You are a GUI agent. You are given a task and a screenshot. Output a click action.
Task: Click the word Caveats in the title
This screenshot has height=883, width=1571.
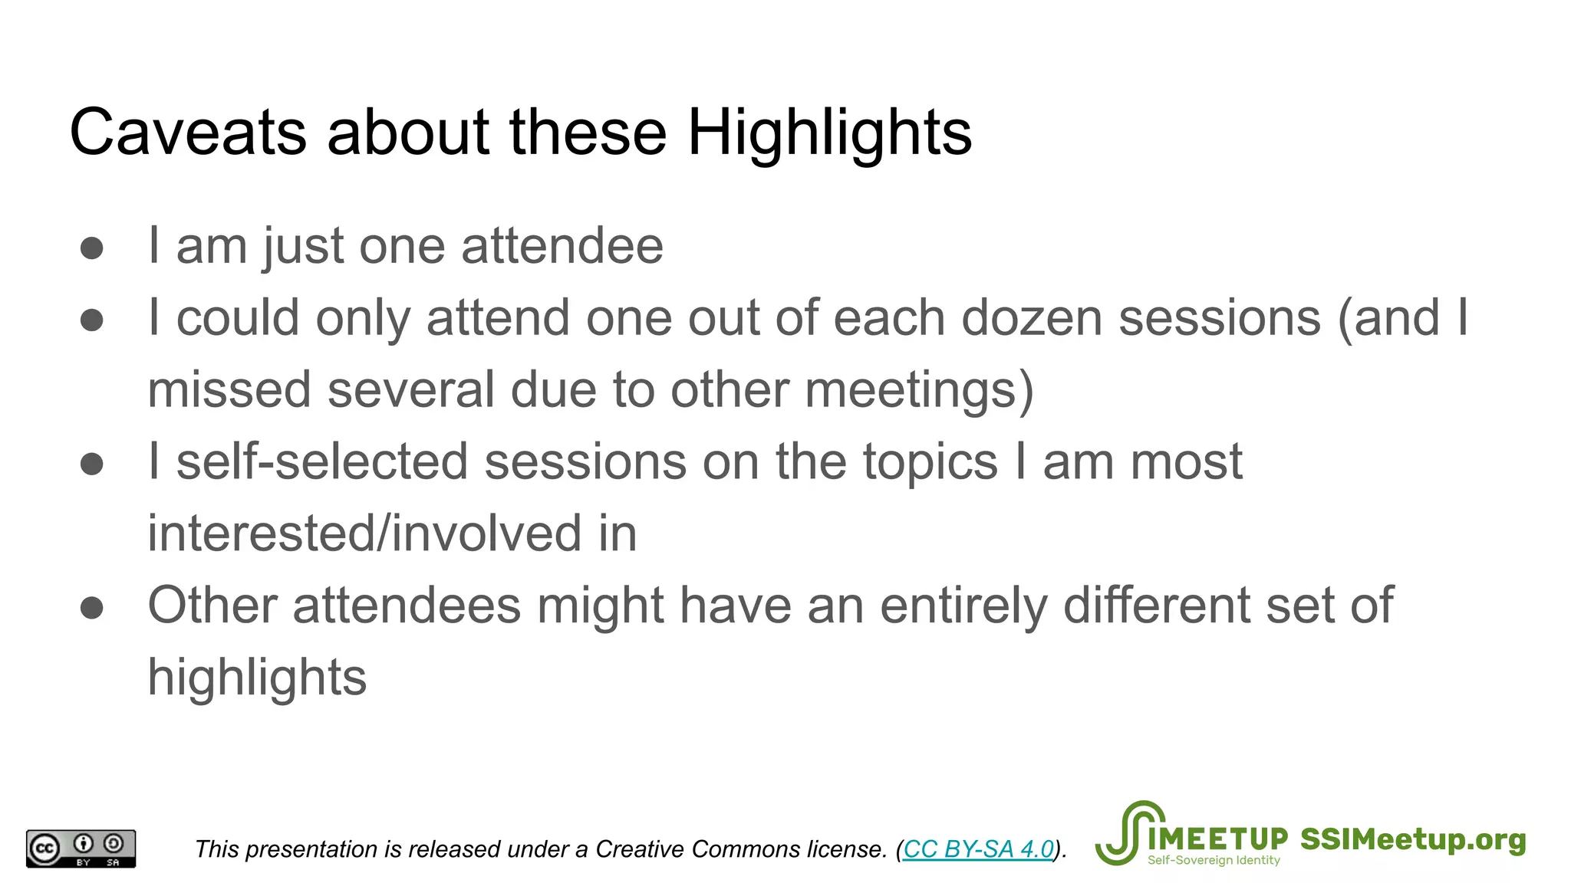(x=188, y=133)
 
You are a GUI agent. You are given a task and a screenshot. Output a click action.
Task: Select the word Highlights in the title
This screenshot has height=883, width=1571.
(x=829, y=133)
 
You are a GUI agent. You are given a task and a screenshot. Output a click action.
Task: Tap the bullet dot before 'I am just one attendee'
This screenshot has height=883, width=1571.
(x=92, y=248)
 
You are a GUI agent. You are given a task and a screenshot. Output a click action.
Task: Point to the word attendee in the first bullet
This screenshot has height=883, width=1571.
(x=562, y=246)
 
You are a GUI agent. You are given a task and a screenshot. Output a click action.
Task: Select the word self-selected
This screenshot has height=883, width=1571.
(x=322, y=461)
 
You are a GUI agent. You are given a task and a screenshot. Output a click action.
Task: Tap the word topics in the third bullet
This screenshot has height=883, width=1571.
(x=930, y=461)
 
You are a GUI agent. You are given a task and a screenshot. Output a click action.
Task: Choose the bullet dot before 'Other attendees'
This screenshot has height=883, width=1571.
(x=92, y=608)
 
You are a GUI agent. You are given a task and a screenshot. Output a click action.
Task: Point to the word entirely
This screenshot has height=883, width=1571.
(x=963, y=606)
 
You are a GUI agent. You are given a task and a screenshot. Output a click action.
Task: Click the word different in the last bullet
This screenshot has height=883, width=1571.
(x=1157, y=606)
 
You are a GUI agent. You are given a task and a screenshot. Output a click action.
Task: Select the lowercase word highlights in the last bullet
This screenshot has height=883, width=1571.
(x=257, y=678)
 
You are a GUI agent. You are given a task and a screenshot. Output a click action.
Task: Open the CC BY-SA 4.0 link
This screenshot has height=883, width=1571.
(x=978, y=849)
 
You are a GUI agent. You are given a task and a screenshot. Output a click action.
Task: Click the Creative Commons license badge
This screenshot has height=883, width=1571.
(x=81, y=849)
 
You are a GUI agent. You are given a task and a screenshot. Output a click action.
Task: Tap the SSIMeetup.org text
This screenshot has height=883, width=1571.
(x=1413, y=839)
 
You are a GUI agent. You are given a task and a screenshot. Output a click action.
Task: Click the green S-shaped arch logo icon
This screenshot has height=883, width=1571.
(x=1128, y=834)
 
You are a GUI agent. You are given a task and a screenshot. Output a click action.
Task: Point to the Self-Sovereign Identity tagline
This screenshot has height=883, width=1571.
(x=1214, y=861)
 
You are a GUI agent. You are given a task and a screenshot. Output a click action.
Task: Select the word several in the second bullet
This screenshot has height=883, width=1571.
(x=411, y=389)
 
